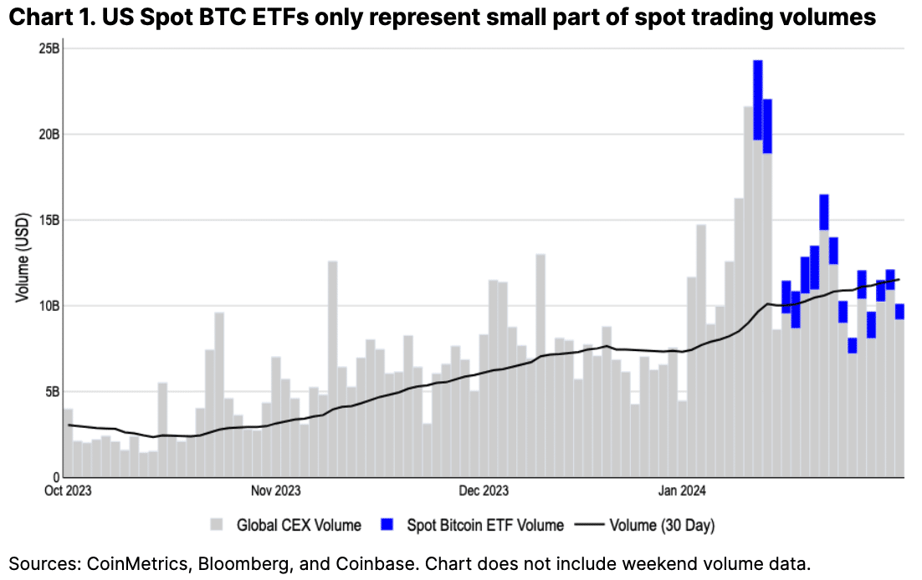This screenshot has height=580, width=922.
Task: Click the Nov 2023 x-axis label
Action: tap(275, 491)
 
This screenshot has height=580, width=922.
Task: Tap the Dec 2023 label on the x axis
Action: tap(484, 491)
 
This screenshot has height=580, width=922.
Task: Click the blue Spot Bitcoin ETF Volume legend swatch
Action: tap(387, 526)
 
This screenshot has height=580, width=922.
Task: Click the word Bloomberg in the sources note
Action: tap(237, 562)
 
